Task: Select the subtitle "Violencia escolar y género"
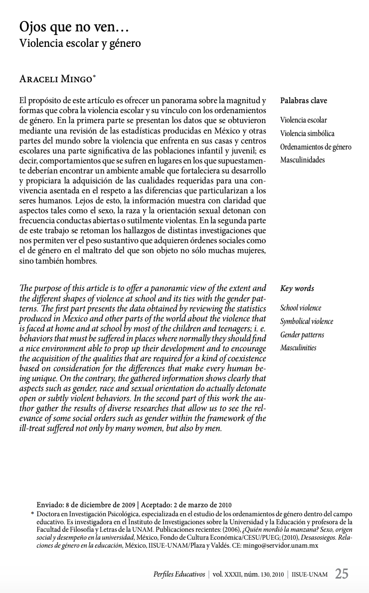point(80,43)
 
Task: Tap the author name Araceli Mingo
point(56,79)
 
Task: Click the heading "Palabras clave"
point(304,101)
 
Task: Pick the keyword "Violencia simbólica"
point(307,134)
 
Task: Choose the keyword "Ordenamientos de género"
point(316,147)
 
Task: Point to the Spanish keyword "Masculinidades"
point(302,160)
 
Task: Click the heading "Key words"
point(297,289)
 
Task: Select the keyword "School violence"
point(301,308)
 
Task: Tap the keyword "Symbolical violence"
point(307,321)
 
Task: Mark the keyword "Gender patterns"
point(302,335)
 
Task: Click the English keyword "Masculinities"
point(298,348)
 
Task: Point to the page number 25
point(342,574)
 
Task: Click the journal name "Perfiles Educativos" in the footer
point(179,575)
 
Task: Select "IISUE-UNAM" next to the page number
point(310,575)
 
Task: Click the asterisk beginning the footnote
point(33,514)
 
